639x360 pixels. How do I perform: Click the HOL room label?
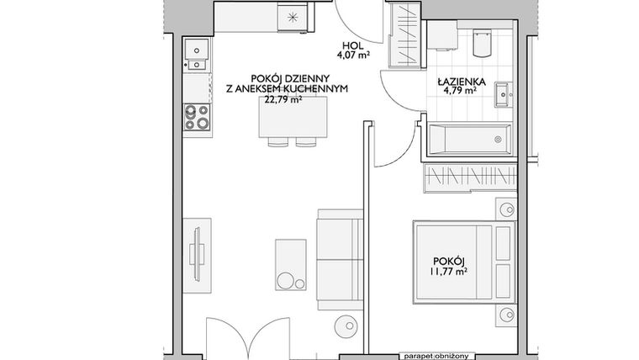352,47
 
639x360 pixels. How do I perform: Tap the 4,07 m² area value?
352,58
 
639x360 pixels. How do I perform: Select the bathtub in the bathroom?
468,139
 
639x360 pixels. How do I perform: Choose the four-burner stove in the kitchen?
197,117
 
